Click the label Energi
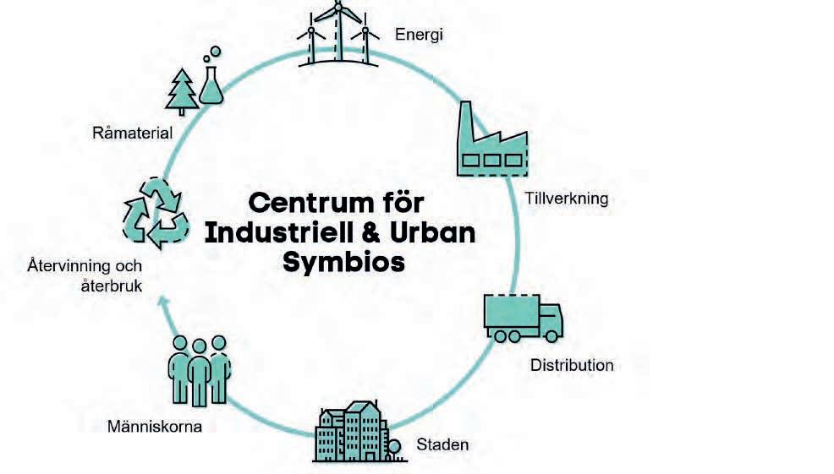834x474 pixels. (420, 35)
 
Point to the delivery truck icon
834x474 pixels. (523, 319)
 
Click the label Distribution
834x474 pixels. (571, 365)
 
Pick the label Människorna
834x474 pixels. (155, 426)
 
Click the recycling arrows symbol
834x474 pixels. (156, 215)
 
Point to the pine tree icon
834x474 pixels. (182, 90)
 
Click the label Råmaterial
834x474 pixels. (132, 133)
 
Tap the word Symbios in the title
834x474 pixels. (343, 261)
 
